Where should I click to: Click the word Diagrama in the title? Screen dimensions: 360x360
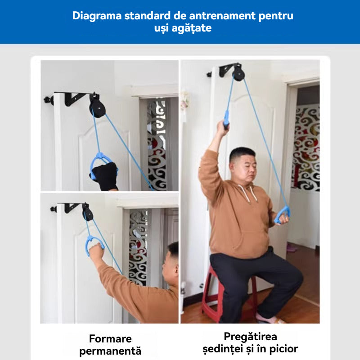[x=97, y=16]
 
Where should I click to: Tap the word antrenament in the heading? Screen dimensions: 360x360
[x=222, y=16]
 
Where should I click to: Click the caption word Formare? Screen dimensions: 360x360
[x=110, y=339]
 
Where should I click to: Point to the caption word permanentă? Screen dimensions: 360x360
[x=110, y=351]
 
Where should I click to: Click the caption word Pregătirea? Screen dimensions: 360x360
[x=250, y=337]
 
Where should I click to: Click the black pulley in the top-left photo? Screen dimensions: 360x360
[x=97, y=106]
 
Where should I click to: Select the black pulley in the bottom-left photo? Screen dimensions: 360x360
[x=87, y=212]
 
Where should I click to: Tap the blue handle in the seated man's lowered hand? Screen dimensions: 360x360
[x=282, y=215]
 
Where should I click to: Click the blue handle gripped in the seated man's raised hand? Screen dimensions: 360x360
[x=226, y=119]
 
